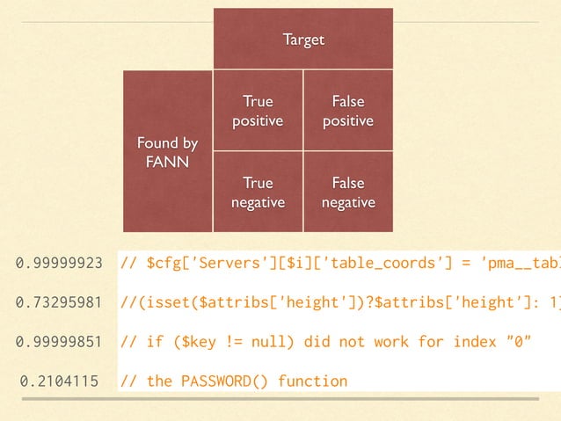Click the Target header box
[303, 40]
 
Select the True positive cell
[258, 112]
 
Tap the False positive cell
[348, 112]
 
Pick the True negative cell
[258, 192]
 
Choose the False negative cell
[348, 192]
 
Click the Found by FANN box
[167, 152]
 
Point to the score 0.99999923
[59, 263]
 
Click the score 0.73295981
[59, 303]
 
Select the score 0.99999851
[59, 342]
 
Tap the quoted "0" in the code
[519, 342]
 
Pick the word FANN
[167, 162]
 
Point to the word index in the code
[474, 342]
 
